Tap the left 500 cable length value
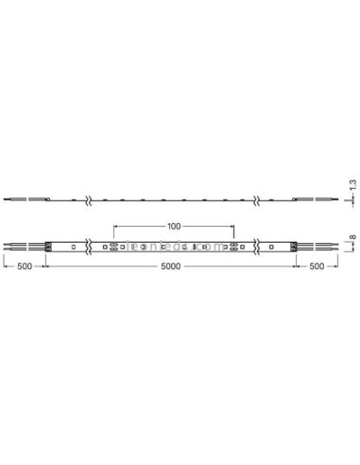tap(26, 268)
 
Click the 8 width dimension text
tap(352, 240)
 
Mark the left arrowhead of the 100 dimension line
tap(115, 228)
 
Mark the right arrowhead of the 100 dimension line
tap(232, 228)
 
